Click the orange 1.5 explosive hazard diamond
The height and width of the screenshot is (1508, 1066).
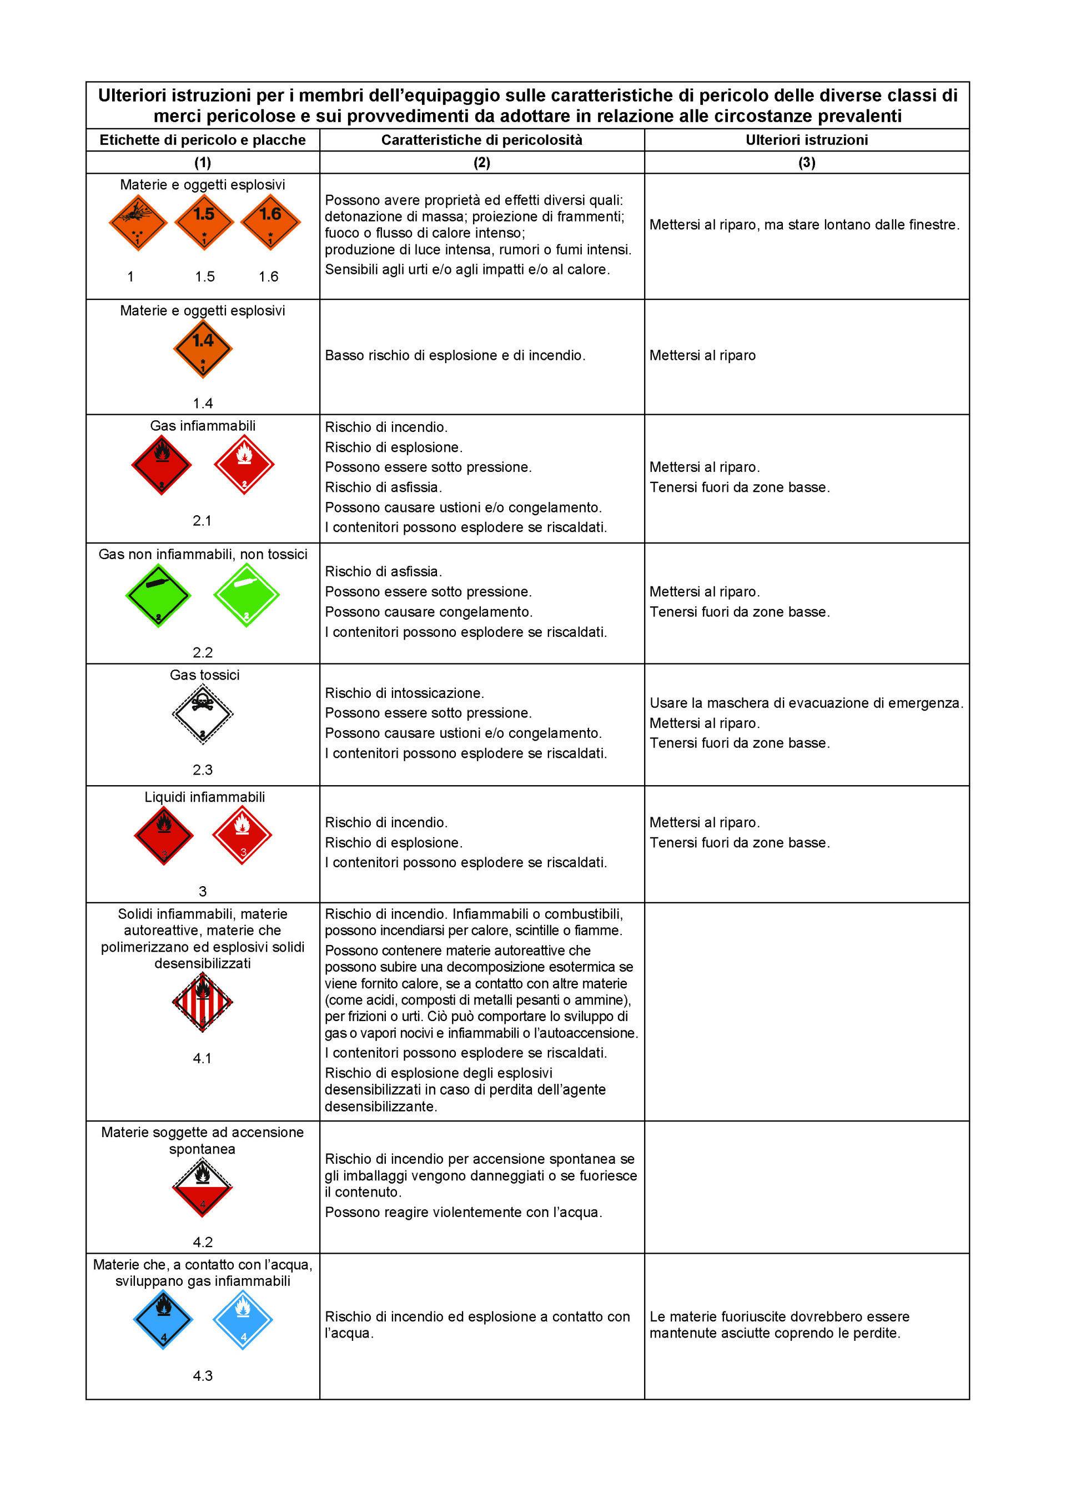click(204, 222)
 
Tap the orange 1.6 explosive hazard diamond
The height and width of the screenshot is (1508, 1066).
click(270, 222)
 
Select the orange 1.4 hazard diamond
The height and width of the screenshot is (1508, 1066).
click(203, 349)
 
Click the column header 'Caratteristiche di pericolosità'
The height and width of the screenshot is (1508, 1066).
click(481, 140)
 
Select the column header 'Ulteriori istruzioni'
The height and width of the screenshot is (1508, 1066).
click(807, 140)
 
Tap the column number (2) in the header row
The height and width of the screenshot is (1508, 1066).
click(481, 162)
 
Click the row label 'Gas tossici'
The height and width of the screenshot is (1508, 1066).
click(204, 675)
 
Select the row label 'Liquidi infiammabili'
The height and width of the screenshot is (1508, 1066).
click(204, 797)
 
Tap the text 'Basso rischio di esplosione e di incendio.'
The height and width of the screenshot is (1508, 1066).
click(455, 355)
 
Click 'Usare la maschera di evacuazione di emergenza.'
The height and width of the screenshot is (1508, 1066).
click(806, 703)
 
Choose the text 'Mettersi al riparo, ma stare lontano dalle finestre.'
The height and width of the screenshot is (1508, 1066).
click(804, 225)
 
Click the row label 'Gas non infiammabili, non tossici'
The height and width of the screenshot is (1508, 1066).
click(203, 554)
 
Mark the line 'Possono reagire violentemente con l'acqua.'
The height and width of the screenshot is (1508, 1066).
click(463, 1213)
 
